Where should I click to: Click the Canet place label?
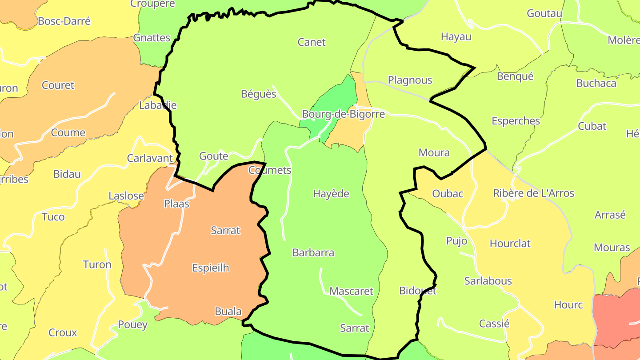tap(312, 42)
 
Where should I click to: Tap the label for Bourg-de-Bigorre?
tap(343, 114)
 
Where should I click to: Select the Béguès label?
tap(259, 94)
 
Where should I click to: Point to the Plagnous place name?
tap(410, 80)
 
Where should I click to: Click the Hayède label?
tap(331, 194)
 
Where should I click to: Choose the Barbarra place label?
tap(313, 253)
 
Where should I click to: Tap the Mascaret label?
tap(352, 292)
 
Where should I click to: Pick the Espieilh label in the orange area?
tap(211, 268)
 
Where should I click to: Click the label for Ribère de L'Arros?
tap(534, 193)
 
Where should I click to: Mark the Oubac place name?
tap(448, 194)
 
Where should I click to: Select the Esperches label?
tap(516, 121)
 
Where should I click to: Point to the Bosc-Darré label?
tap(64, 21)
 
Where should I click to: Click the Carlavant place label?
tap(150, 158)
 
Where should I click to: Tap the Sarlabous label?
tap(488, 281)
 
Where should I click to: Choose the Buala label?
tap(228, 311)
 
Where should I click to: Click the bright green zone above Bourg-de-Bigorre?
tap(340, 96)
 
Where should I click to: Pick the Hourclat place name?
tap(510, 244)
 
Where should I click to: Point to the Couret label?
tap(58, 85)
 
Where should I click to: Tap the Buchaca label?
tap(596, 83)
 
